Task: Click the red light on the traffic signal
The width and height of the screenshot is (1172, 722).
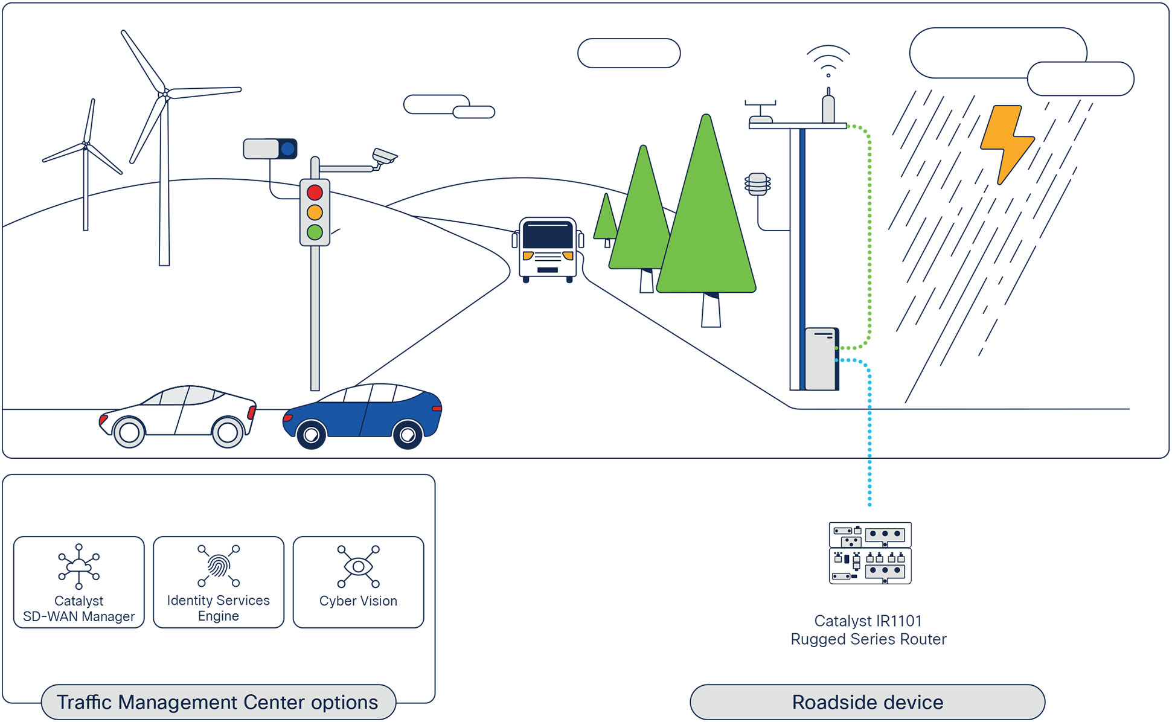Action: [315, 193]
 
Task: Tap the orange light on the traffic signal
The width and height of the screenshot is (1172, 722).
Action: [315, 212]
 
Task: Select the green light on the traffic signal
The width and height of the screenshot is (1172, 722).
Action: [315, 232]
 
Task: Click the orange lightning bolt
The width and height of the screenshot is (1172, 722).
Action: [1006, 144]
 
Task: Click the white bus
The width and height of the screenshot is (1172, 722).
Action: [548, 247]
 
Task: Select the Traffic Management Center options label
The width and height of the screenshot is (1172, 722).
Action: [218, 702]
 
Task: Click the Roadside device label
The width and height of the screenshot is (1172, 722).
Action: [867, 702]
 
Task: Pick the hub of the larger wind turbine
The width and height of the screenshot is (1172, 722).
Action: [164, 94]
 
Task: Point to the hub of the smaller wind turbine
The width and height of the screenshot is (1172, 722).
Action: [86, 144]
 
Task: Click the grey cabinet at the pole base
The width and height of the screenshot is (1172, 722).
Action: [820, 359]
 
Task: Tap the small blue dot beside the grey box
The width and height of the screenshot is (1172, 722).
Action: [288, 149]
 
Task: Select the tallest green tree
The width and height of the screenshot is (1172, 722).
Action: [706, 223]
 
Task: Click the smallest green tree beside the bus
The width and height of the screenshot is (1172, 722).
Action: [606, 220]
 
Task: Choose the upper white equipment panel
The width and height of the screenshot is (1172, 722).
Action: [870, 535]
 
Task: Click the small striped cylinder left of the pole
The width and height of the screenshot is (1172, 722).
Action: [758, 184]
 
